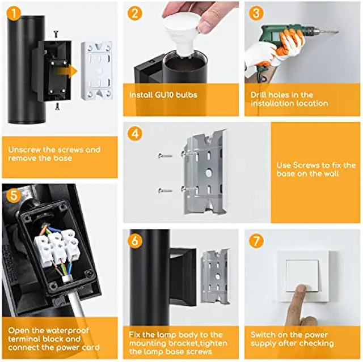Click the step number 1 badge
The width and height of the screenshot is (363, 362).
pyautogui.click(x=14, y=13)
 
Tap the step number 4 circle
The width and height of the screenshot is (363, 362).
pyautogui.click(x=135, y=134)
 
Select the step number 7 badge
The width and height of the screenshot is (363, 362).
pyautogui.click(x=256, y=241)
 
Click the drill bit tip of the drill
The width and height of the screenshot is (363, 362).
pyautogui.click(x=338, y=32)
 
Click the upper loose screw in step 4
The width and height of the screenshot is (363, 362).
pyautogui.click(x=165, y=156)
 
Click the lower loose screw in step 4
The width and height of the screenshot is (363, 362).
pyautogui.click(x=165, y=191)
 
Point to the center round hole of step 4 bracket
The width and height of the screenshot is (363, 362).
pyautogui.click(x=209, y=172)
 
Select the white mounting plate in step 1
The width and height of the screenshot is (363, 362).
pyautogui.click(x=97, y=70)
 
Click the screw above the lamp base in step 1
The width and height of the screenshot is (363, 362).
pyautogui.click(x=56, y=34)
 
